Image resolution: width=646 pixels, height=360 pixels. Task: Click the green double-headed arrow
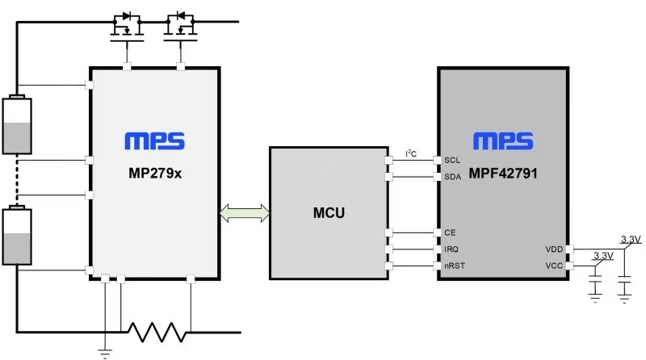coord(245,214)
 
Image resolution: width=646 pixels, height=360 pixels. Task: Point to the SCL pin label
coord(452,160)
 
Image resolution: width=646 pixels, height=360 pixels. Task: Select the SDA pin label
coord(452,177)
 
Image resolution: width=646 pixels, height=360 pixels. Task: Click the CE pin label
coord(450,232)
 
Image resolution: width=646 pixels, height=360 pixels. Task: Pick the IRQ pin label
coord(451,249)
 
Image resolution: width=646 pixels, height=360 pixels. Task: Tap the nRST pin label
coord(455,266)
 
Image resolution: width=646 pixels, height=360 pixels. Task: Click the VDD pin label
coord(553,249)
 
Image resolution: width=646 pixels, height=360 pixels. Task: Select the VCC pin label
coord(553,266)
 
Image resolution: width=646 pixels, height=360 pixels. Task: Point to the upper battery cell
coord(16,125)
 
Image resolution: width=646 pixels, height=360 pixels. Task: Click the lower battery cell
coord(16,235)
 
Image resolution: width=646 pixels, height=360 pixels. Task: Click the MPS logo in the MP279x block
coord(154,141)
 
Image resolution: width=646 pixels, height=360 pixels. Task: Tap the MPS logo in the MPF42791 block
coord(504,141)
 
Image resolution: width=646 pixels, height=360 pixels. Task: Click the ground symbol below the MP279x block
coord(105,350)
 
